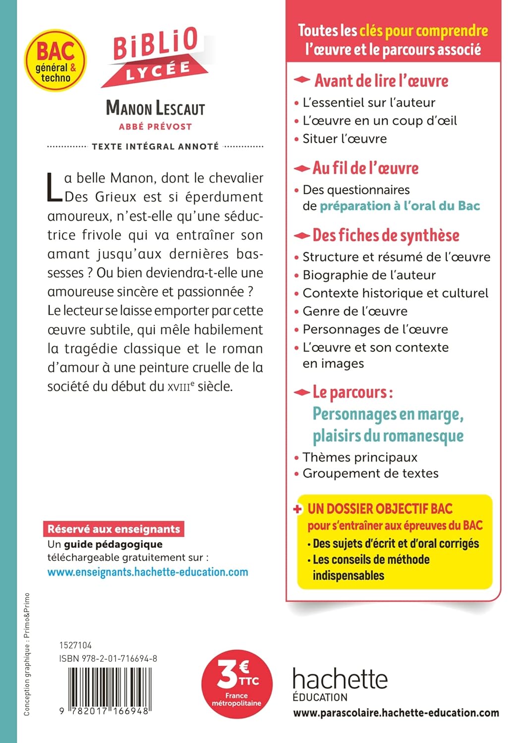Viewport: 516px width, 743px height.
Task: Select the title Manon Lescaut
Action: click(x=155, y=108)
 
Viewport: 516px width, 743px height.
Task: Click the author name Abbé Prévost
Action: click(x=155, y=127)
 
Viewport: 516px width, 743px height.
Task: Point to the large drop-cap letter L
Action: click(x=55, y=187)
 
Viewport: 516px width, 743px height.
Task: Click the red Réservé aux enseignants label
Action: click(x=114, y=529)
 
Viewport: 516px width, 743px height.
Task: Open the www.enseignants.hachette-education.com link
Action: click(x=148, y=572)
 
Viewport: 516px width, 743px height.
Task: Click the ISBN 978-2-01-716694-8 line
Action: click(x=108, y=658)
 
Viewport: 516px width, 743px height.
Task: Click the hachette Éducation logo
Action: click(x=340, y=684)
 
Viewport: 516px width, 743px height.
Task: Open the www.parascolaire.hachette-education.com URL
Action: click(x=396, y=713)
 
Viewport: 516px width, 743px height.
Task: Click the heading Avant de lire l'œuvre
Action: click(x=381, y=81)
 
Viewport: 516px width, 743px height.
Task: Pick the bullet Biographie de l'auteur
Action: click(x=369, y=275)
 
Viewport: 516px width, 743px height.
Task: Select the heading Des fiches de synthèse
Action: click(x=386, y=235)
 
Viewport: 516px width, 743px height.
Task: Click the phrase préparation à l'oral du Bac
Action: click(x=400, y=206)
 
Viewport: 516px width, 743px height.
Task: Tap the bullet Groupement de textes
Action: click(x=370, y=474)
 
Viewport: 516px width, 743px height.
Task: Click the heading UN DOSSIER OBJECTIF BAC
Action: click(x=380, y=509)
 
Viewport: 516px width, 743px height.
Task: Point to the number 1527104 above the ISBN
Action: click(x=75, y=645)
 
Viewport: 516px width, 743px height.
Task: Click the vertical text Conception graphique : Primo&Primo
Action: click(x=27, y=654)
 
